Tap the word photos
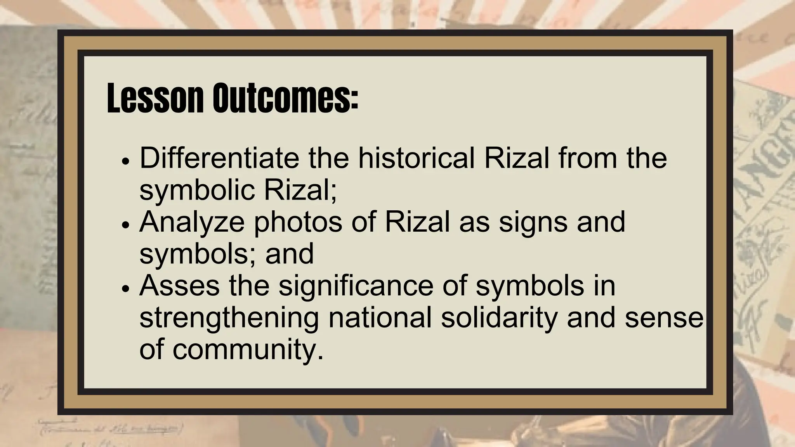pos(298,223)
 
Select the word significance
pos(355,286)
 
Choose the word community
pos(248,350)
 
